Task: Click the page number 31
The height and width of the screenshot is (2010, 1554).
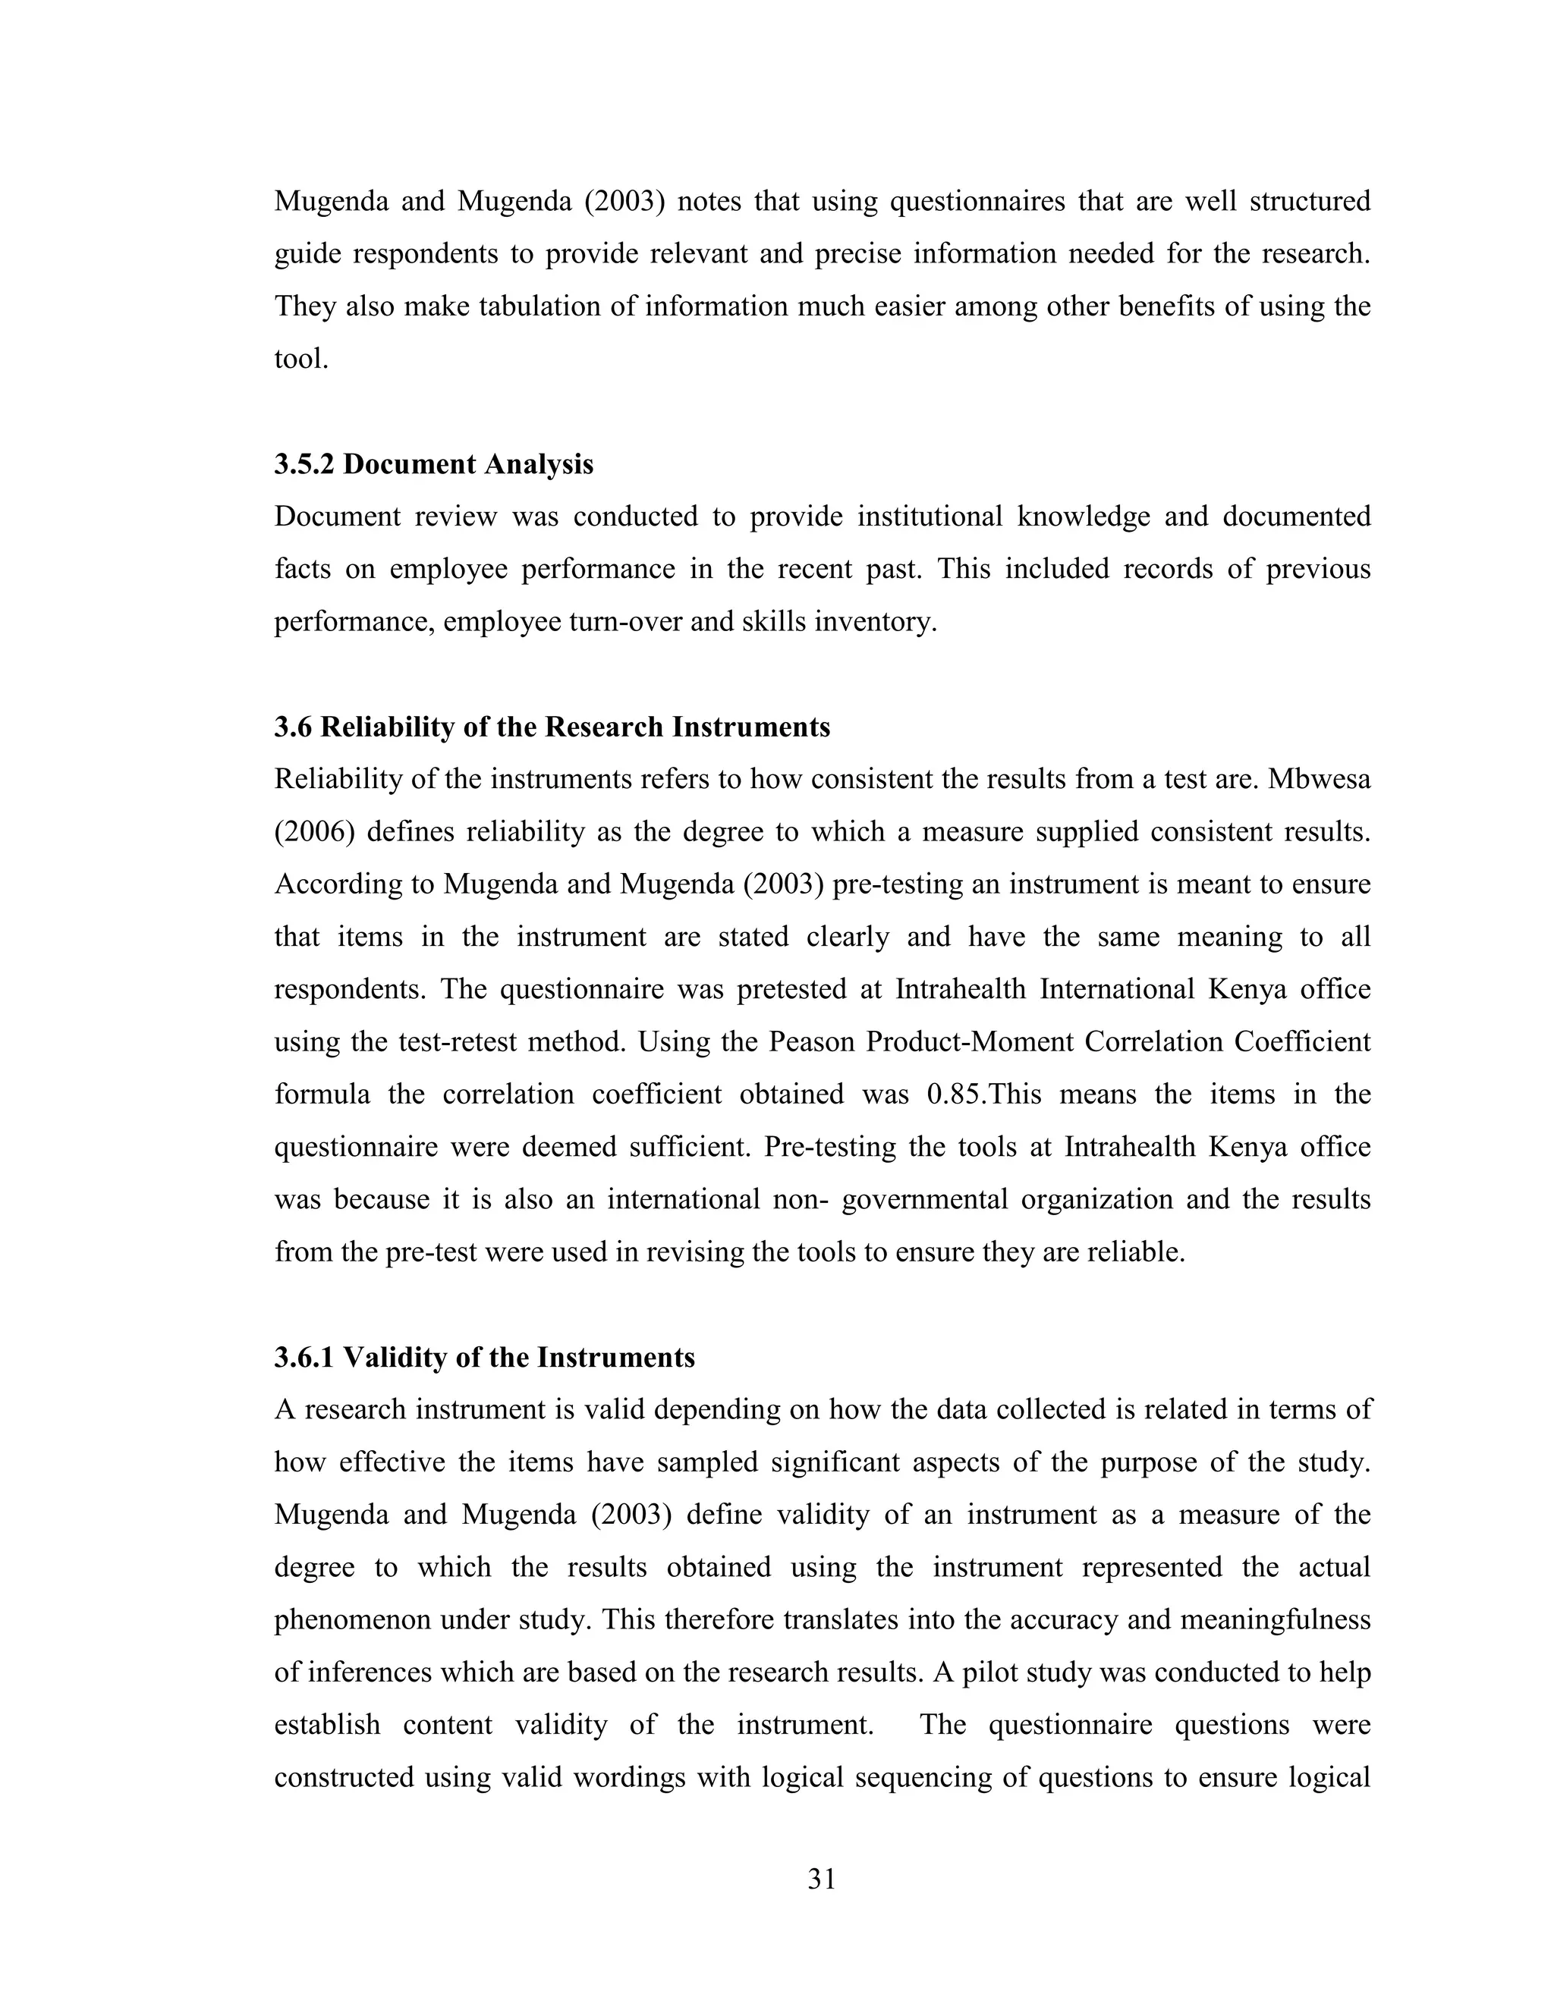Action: pos(821,1878)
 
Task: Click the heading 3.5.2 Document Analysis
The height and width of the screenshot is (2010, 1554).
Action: pos(433,464)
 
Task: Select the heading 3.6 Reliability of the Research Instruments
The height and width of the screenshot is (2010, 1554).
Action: pos(552,727)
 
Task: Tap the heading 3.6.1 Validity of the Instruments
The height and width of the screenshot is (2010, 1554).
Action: pos(484,1358)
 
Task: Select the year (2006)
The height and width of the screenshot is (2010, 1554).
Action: pos(313,832)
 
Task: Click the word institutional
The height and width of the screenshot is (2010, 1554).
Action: pos(930,517)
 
